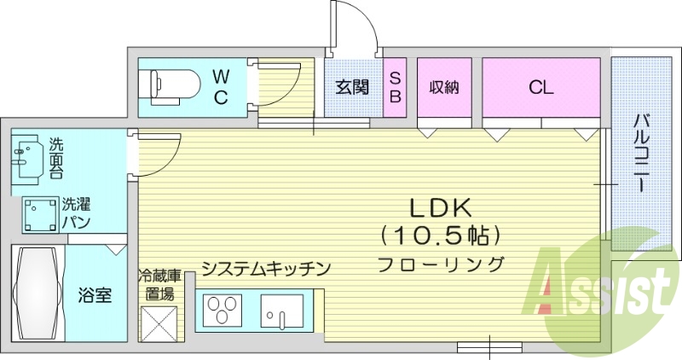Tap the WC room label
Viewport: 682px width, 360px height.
pos(220,86)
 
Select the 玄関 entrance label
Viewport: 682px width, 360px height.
pos(351,87)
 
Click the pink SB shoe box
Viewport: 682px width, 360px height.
pos(395,86)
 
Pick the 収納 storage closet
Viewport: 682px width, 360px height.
pos(444,86)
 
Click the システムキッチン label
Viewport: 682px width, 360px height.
pos(265,270)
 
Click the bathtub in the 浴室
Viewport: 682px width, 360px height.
pos(38,293)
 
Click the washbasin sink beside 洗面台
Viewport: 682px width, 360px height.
pos(26,156)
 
